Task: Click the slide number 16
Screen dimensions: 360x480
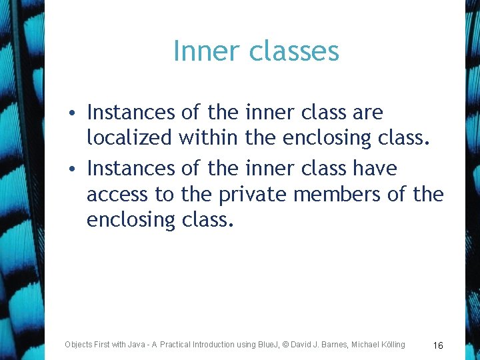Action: pyautogui.click(x=438, y=345)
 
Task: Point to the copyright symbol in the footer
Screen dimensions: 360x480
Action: pyautogui.click(x=285, y=345)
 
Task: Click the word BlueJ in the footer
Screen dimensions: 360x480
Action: pyautogui.click(x=267, y=345)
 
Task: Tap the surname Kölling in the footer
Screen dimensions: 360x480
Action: pyautogui.click(x=389, y=345)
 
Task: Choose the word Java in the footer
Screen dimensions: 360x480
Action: pyautogui.click(x=135, y=345)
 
